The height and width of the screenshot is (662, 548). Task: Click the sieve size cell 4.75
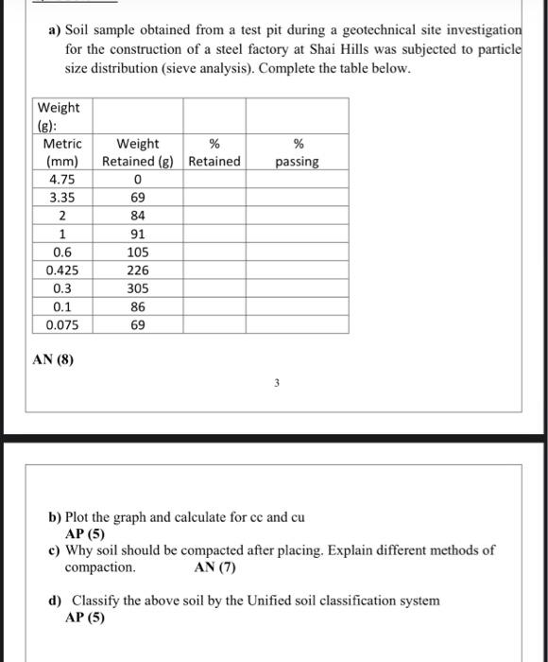coord(62,180)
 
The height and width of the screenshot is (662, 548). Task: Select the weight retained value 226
coord(138,270)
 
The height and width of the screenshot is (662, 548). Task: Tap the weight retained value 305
coord(138,288)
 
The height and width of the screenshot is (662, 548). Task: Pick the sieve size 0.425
coord(62,270)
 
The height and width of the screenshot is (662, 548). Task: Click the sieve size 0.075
coord(62,324)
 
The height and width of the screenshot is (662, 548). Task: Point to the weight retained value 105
coord(138,253)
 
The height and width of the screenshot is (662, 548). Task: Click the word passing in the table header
coord(298,162)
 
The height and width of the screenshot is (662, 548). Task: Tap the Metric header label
coord(62,144)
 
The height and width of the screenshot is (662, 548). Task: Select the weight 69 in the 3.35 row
coord(138,198)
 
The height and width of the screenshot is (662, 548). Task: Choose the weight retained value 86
coord(138,306)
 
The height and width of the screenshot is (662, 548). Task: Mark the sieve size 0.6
coord(62,253)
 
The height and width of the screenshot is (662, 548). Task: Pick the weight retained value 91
coord(138,235)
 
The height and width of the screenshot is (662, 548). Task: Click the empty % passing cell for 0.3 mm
coord(298,288)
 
